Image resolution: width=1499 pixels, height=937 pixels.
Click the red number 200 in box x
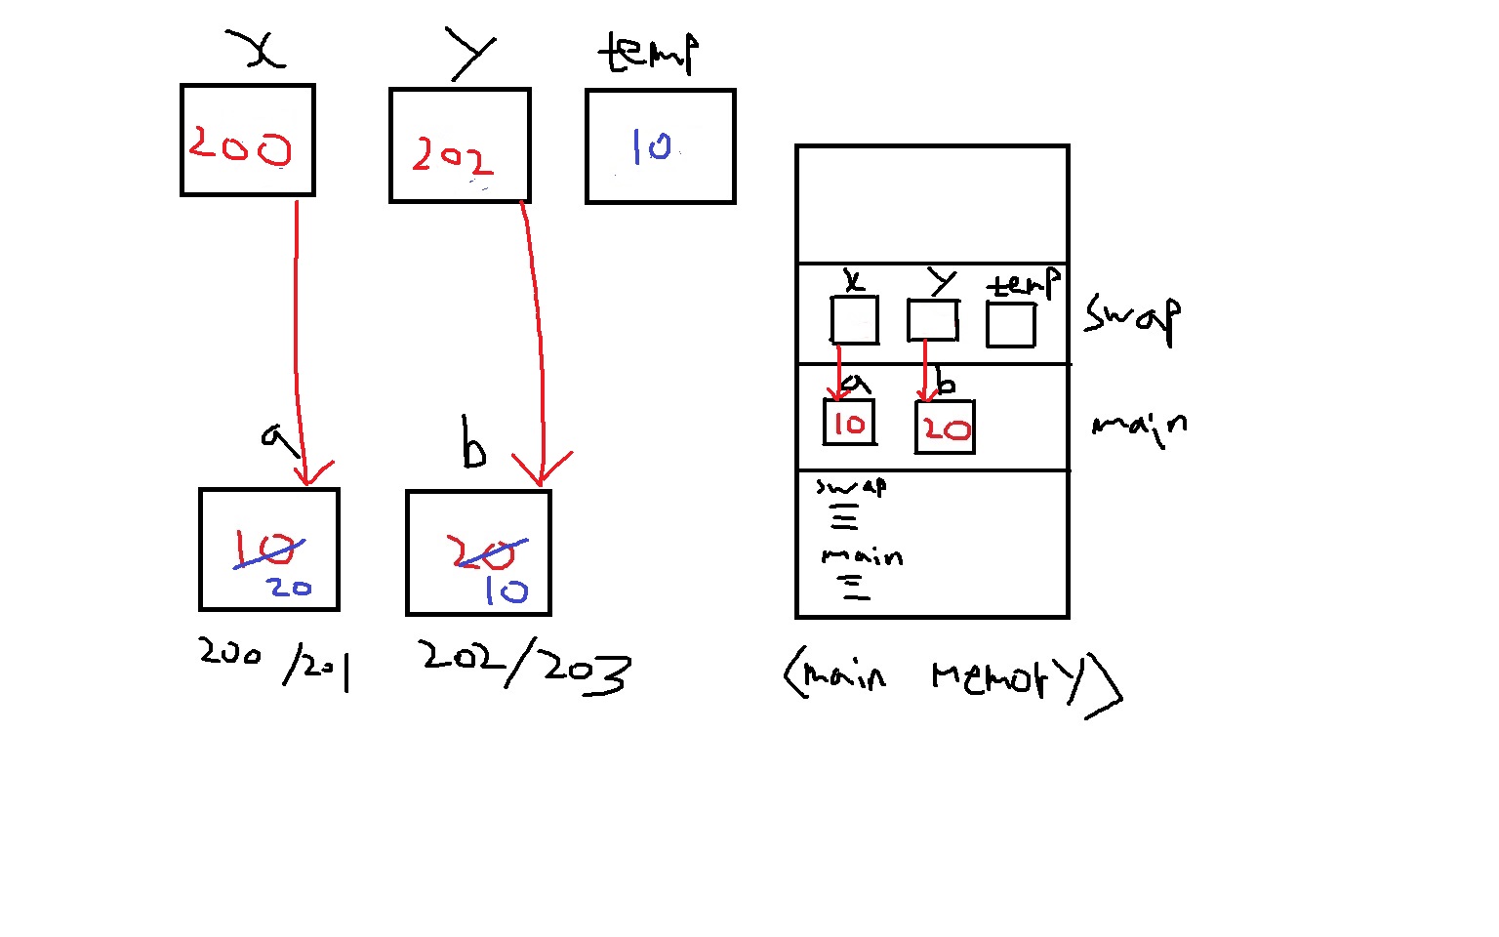[240, 145]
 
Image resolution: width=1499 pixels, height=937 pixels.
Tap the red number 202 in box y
[452, 156]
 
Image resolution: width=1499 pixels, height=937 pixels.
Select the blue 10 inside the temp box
[651, 146]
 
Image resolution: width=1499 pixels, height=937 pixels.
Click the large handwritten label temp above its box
[649, 53]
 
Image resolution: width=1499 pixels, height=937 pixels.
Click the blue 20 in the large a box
[290, 588]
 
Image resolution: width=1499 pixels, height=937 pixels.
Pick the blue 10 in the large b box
[506, 591]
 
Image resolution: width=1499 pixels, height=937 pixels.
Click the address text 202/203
[526, 668]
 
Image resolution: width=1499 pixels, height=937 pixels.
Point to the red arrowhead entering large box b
[541, 472]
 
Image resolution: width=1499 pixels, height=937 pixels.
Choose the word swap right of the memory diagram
[1132, 317]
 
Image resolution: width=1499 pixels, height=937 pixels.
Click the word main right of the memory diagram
[1139, 426]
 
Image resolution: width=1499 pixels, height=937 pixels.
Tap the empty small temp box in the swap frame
[1010, 324]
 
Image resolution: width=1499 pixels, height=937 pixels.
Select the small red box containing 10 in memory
[848, 423]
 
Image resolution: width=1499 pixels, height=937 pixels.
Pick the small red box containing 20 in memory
[945, 428]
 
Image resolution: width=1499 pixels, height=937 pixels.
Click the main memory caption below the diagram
[952, 676]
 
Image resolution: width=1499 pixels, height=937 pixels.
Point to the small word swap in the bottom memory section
[852, 486]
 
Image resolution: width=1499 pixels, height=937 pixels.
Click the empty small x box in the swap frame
[854, 320]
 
